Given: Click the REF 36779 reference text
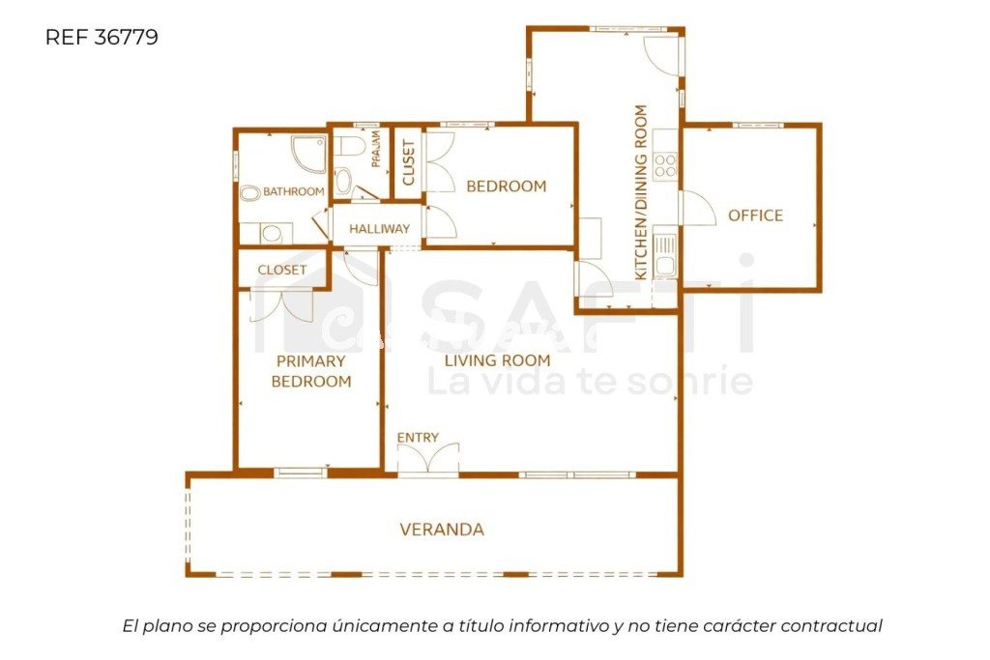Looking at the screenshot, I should click(x=102, y=38).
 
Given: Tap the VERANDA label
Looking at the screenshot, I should click(x=442, y=530).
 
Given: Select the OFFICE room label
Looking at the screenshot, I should click(x=755, y=215).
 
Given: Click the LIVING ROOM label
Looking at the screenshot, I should click(x=497, y=360).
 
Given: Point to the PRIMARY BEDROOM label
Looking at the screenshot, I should click(x=310, y=371).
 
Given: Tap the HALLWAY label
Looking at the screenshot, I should click(x=379, y=229).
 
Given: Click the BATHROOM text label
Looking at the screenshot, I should click(x=293, y=191).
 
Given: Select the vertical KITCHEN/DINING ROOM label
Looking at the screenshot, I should click(x=640, y=192).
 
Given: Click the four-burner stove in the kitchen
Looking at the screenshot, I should click(x=665, y=166).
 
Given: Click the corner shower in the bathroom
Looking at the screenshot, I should click(x=309, y=154).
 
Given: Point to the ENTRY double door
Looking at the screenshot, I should click(x=428, y=460).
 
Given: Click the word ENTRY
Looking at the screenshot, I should click(x=418, y=438).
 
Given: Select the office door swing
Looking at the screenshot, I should click(x=696, y=208).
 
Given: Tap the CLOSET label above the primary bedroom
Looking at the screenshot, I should click(x=282, y=270).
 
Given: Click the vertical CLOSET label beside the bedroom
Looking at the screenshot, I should click(x=408, y=163).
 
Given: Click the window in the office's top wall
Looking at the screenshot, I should click(x=757, y=125).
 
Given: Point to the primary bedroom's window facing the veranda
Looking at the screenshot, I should click(x=301, y=473).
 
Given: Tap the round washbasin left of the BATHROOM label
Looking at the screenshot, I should click(x=250, y=193).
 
